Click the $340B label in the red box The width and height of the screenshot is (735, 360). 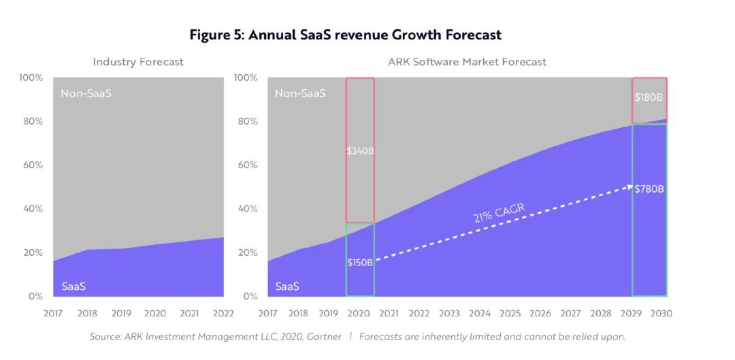(x=360, y=150)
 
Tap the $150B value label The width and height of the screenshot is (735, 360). (x=359, y=262)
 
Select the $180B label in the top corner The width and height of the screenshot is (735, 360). (x=649, y=97)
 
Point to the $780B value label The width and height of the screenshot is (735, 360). (x=649, y=189)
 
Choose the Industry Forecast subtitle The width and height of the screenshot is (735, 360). (x=138, y=62)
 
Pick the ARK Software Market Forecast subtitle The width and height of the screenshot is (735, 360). (x=467, y=62)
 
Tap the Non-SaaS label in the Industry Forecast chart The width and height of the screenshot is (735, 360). (x=86, y=93)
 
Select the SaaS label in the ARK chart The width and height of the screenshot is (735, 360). (x=287, y=287)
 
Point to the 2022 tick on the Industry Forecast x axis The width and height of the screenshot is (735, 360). (x=223, y=314)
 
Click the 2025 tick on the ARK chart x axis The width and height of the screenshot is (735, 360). (x=510, y=314)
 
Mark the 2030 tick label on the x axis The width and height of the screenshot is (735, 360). (x=661, y=314)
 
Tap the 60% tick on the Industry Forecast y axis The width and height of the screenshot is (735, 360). (x=33, y=165)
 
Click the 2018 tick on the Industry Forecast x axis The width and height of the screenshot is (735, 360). (x=87, y=314)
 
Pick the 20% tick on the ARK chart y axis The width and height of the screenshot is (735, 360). (x=248, y=252)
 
